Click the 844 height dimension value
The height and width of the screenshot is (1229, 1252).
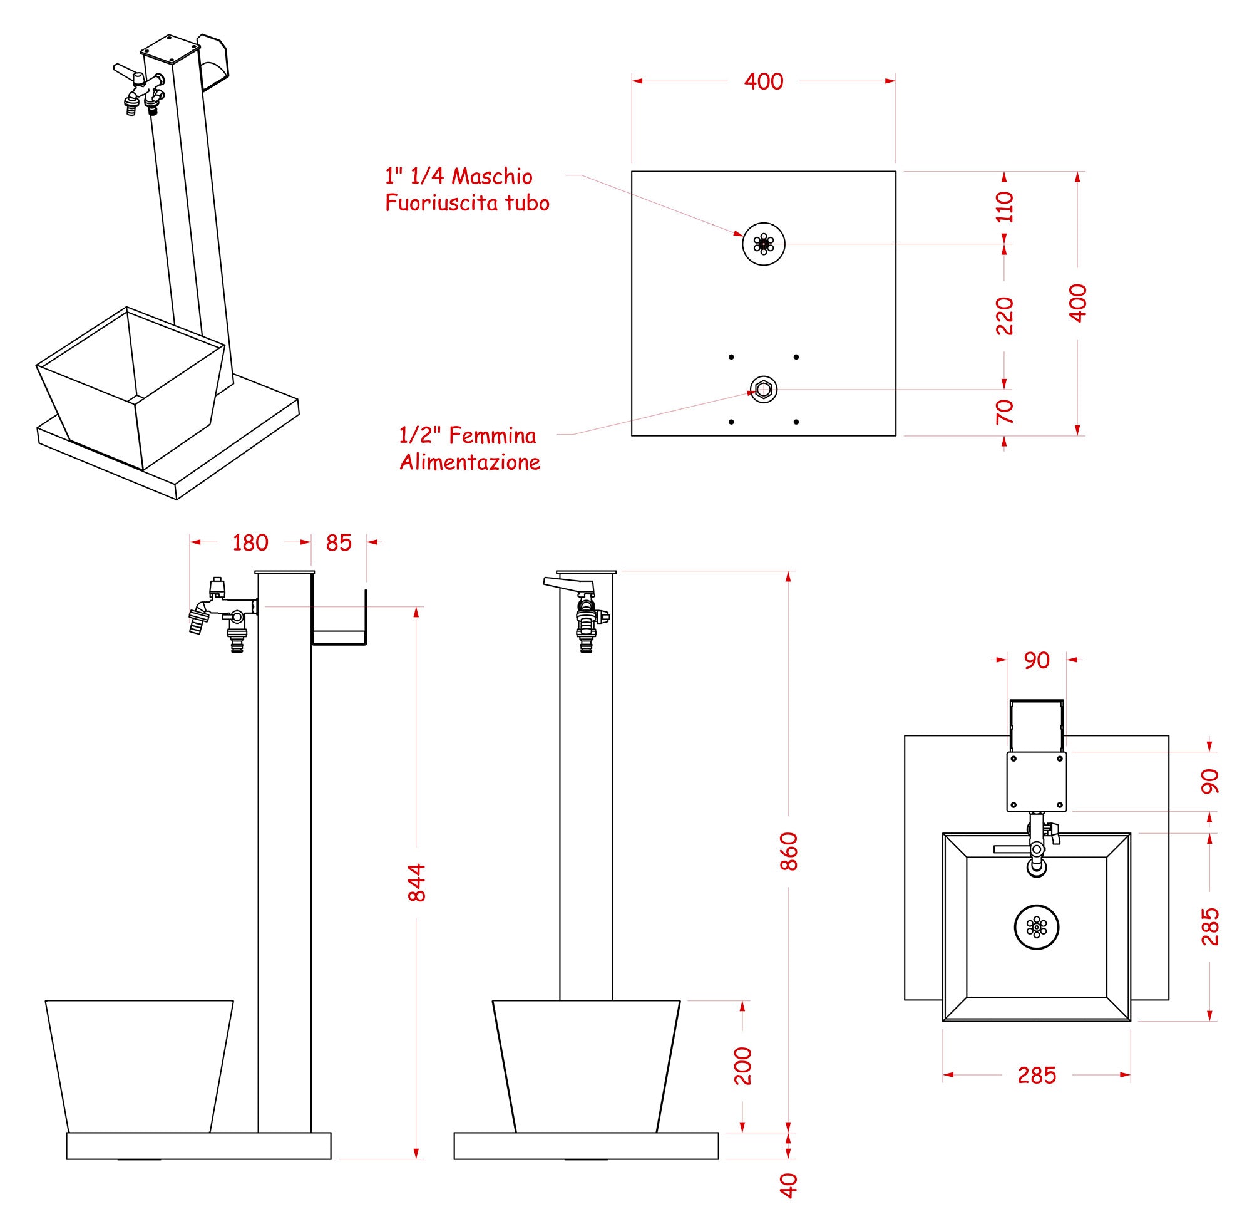click(x=418, y=882)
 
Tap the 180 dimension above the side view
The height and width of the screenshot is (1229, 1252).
click(x=250, y=543)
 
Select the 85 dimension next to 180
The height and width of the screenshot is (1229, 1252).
click(x=339, y=543)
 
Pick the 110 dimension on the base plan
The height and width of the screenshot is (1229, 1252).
click(x=1005, y=207)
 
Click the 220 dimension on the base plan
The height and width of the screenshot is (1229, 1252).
click(x=1005, y=316)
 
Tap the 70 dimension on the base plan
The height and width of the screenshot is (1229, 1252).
click(x=1005, y=411)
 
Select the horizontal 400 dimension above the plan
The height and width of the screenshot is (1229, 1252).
click(x=764, y=81)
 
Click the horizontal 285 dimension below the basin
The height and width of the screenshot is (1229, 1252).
click(x=1037, y=1075)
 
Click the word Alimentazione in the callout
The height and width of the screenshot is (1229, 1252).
click(x=469, y=462)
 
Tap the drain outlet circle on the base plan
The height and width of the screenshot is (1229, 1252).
click(x=764, y=244)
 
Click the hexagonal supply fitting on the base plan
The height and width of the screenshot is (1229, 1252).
click(x=764, y=389)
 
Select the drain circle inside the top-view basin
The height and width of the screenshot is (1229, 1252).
click(x=1037, y=927)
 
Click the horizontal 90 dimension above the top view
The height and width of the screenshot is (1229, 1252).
click(x=1037, y=660)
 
